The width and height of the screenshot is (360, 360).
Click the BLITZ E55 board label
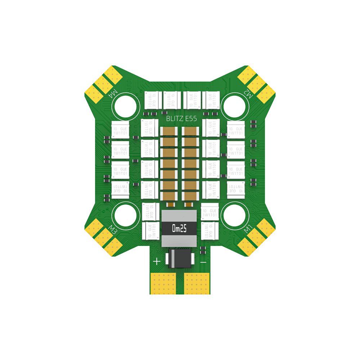pyautogui.click(x=181, y=118)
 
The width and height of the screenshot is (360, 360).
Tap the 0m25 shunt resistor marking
pyautogui.click(x=179, y=228)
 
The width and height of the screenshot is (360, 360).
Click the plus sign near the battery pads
pyautogui.click(x=157, y=261)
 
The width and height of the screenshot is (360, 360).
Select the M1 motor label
pyautogui.click(x=248, y=229)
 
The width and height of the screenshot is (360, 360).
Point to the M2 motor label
pyautogui.click(x=248, y=92)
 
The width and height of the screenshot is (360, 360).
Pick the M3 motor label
pyautogui.click(x=112, y=230)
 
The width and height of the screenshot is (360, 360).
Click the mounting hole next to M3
pyautogui.click(x=126, y=216)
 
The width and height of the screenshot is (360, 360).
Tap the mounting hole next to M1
pyautogui.click(x=235, y=216)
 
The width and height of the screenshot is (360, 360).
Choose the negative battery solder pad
pyautogui.click(x=197, y=283)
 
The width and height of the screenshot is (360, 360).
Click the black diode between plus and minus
pyautogui.click(x=179, y=259)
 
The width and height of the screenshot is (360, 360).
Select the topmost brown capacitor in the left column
pyautogui.click(x=168, y=132)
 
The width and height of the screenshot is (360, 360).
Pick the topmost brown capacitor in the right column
pyautogui.click(x=190, y=132)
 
